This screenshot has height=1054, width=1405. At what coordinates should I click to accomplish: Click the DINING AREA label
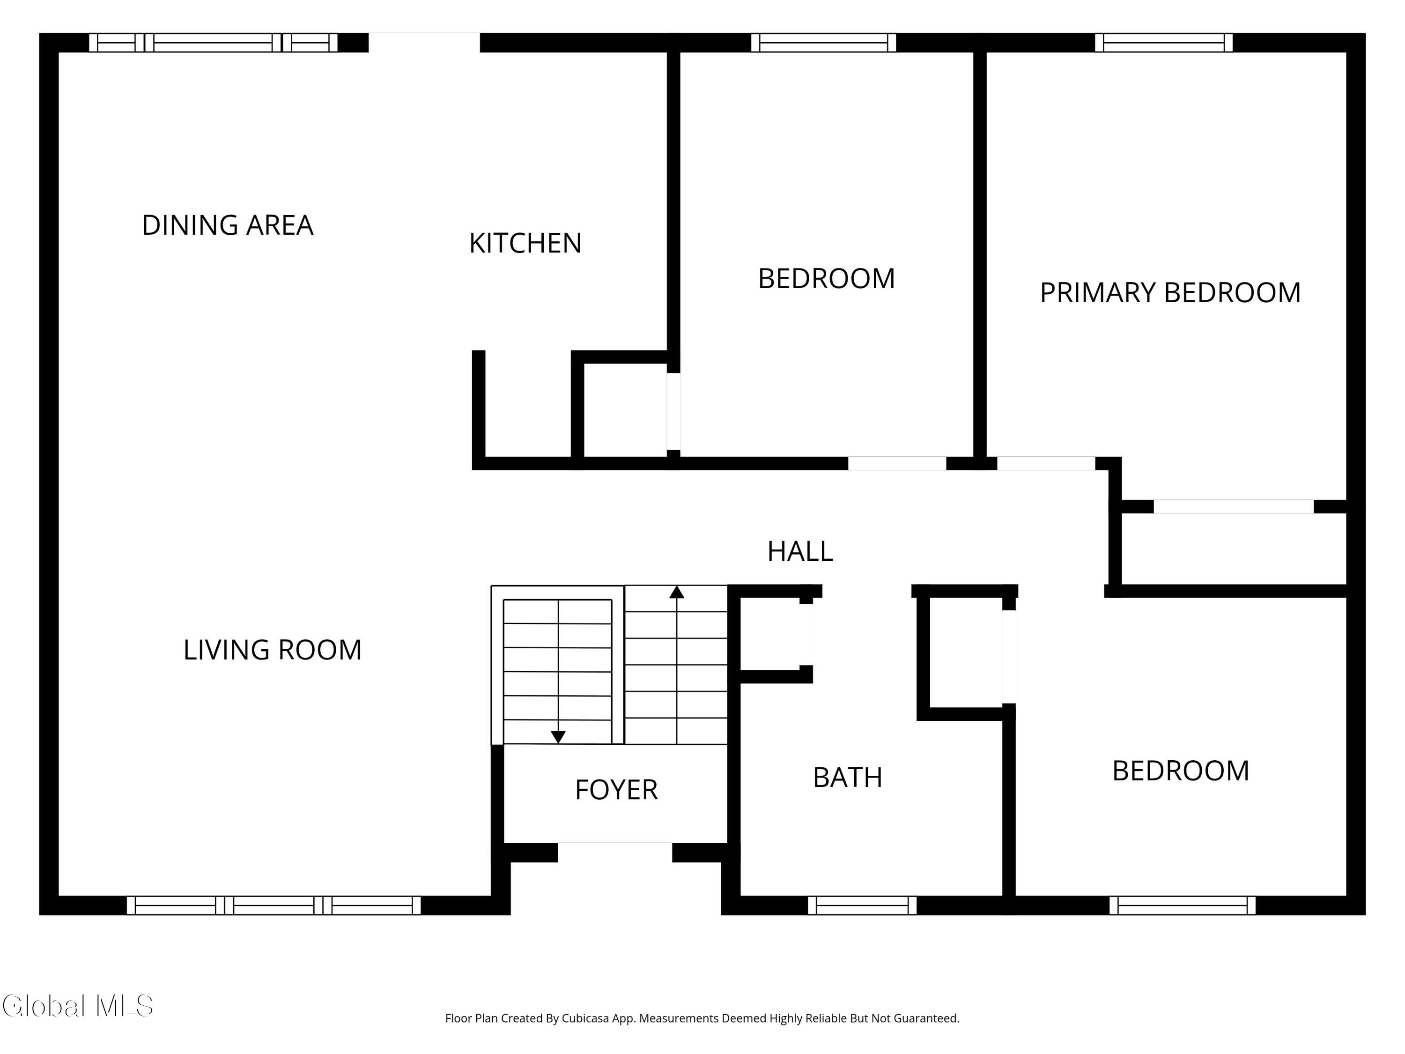(x=228, y=225)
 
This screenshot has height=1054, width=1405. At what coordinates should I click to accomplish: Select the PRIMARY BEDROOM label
(x=1170, y=292)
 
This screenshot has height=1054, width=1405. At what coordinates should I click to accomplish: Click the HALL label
(x=800, y=551)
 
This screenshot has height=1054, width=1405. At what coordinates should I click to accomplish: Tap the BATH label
(x=847, y=778)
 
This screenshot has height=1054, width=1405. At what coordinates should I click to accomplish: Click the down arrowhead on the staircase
(x=558, y=737)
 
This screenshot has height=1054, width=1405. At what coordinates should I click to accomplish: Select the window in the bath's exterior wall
(x=862, y=906)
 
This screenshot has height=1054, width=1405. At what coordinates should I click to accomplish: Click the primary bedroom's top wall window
(x=1164, y=43)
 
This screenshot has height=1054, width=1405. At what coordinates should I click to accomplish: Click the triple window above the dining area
(x=213, y=43)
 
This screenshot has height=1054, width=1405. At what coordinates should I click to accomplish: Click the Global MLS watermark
(x=77, y=1006)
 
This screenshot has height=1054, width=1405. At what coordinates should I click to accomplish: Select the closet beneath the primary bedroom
(x=1232, y=548)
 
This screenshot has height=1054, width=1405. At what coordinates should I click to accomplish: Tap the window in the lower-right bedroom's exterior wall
(x=1182, y=906)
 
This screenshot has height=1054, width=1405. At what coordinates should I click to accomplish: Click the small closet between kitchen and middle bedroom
(x=624, y=410)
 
